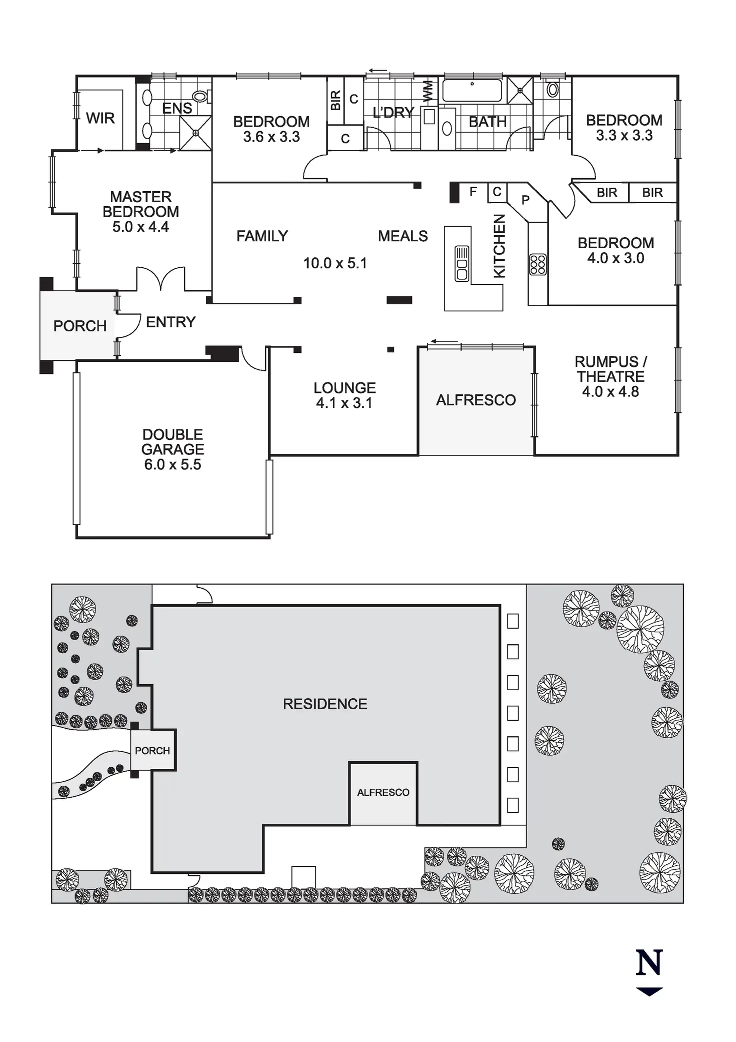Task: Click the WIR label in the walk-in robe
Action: (x=100, y=118)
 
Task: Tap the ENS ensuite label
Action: (x=177, y=108)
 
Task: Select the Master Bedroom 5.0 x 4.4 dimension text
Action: (x=140, y=227)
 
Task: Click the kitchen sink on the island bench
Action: (x=461, y=263)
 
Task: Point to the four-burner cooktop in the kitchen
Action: (x=538, y=265)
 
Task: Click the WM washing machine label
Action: (x=428, y=92)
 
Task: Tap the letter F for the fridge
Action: (x=473, y=191)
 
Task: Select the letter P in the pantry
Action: (x=525, y=200)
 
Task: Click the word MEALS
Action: (x=402, y=236)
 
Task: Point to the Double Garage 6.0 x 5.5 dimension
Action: (x=172, y=464)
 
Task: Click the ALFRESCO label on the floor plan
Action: (x=475, y=400)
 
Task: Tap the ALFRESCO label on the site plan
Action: (x=383, y=792)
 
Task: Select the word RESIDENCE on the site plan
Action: (x=325, y=704)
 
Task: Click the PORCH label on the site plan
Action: (x=152, y=751)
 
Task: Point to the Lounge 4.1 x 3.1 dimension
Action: (x=344, y=403)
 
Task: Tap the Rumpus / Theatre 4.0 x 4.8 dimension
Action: (x=610, y=391)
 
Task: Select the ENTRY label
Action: (x=170, y=322)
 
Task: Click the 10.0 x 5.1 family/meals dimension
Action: (x=335, y=263)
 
